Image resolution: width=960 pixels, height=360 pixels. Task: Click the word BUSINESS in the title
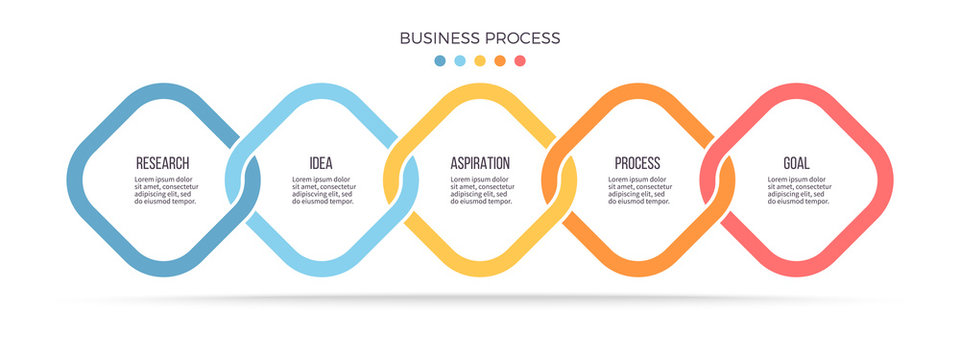tap(437, 38)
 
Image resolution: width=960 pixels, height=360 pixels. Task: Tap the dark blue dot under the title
tap(440, 61)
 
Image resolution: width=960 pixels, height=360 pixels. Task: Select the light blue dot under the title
tap(460, 61)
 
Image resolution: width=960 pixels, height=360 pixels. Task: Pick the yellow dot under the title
tap(480, 61)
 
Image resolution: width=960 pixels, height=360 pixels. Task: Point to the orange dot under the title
tap(500, 61)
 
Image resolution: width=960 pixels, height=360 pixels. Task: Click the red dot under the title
tap(520, 61)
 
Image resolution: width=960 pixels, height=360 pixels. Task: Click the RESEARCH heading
tap(162, 163)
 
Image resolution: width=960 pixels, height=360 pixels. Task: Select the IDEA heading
tap(321, 163)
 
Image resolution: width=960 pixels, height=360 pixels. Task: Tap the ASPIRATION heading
tap(480, 163)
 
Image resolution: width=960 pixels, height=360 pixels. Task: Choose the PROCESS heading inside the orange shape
tap(638, 163)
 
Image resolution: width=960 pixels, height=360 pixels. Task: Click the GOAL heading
tap(797, 163)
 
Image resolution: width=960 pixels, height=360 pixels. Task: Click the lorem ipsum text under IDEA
tap(323, 190)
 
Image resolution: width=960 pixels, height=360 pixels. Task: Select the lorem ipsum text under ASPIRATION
tap(481, 190)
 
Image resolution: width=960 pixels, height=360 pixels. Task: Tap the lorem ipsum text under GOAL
tap(799, 190)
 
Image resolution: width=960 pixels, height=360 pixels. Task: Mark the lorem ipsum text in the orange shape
tap(640, 190)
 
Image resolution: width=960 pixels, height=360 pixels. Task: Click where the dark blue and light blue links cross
tap(242, 180)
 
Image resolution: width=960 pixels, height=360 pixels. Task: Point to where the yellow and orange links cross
tap(560, 180)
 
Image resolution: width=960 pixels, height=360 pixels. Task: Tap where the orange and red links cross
tap(718, 180)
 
